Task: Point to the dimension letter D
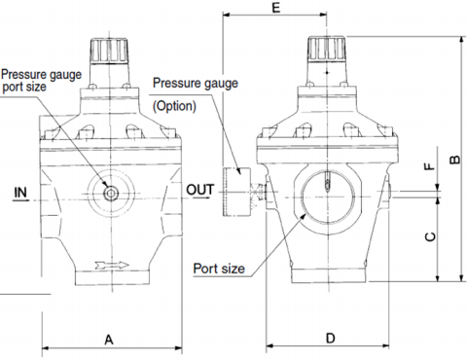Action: (330, 339)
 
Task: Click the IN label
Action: (21, 193)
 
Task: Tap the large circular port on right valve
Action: (328, 192)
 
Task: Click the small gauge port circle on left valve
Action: (110, 192)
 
